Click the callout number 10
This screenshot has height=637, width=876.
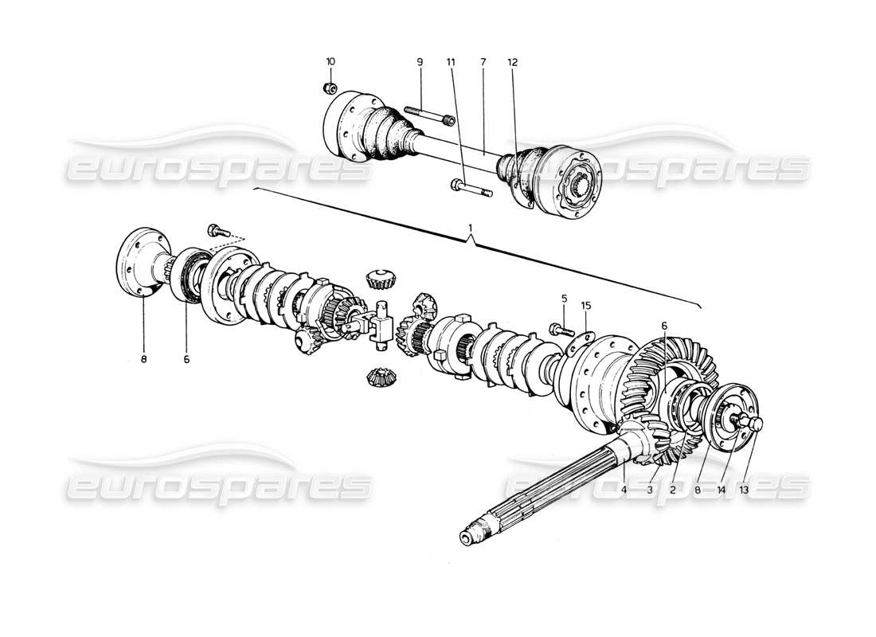330,61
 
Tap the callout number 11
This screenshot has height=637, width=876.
450,61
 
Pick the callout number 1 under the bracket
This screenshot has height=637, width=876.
471,228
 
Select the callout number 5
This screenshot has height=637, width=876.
564,299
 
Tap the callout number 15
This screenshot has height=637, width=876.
586,304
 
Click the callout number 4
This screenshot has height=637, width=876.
624,490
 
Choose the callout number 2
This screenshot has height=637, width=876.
673,490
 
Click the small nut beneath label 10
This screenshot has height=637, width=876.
330,87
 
